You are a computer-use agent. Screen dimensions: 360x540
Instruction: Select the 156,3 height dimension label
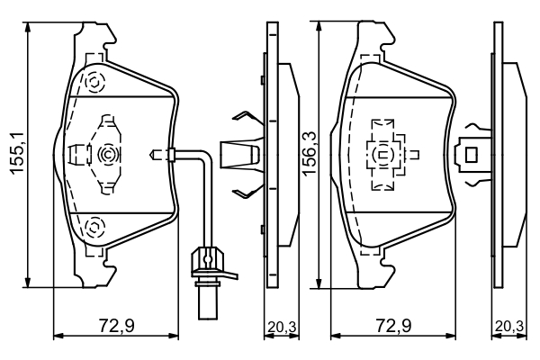tap(308, 155)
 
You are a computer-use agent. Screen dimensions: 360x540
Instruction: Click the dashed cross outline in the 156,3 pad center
tap(385, 154)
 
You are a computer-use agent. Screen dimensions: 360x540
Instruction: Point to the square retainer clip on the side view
tap(470, 154)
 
